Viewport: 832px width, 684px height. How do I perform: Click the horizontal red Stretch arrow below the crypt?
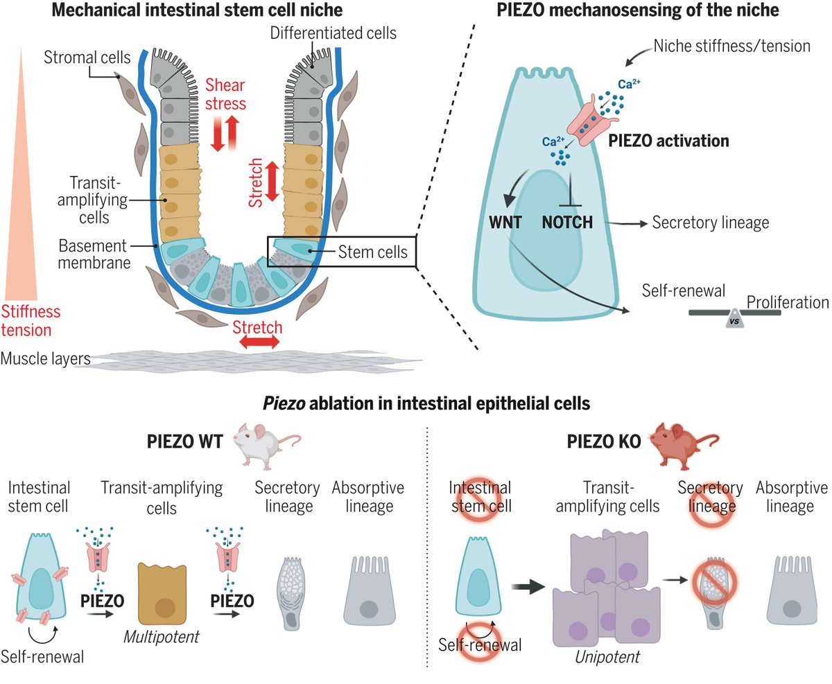pyautogui.click(x=258, y=342)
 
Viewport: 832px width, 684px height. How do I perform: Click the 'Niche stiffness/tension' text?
pyautogui.click(x=732, y=46)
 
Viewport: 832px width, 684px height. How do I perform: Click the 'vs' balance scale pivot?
pyautogui.click(x=734, y=321)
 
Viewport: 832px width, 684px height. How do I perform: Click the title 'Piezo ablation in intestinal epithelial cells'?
pyautogui.click(x=415, y=401)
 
